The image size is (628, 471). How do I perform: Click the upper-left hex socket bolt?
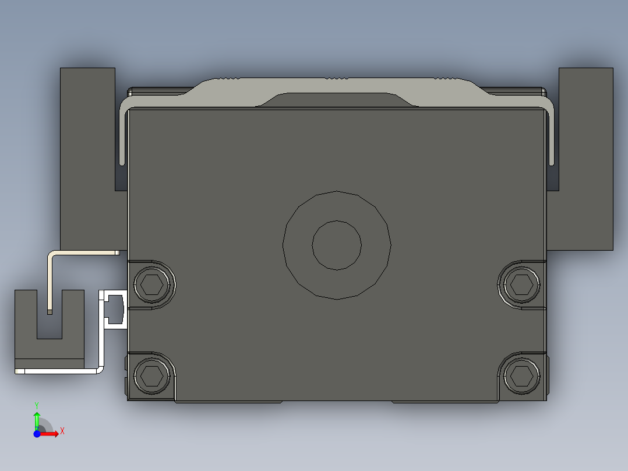coord(154,284)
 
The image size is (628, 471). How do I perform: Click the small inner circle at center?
coord(337,245)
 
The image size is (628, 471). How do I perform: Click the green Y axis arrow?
coord(37,419)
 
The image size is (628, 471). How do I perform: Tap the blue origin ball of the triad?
coord(37,434)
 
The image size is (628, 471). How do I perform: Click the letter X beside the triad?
coord(62,431)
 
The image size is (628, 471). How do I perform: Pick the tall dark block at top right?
coord(585,157)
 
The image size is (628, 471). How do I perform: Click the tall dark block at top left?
coord(87,157)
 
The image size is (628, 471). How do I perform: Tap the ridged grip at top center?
coord(337,78)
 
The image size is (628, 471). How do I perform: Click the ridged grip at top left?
coord(227,78)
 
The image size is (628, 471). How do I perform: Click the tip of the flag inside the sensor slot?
coord(50,311)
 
